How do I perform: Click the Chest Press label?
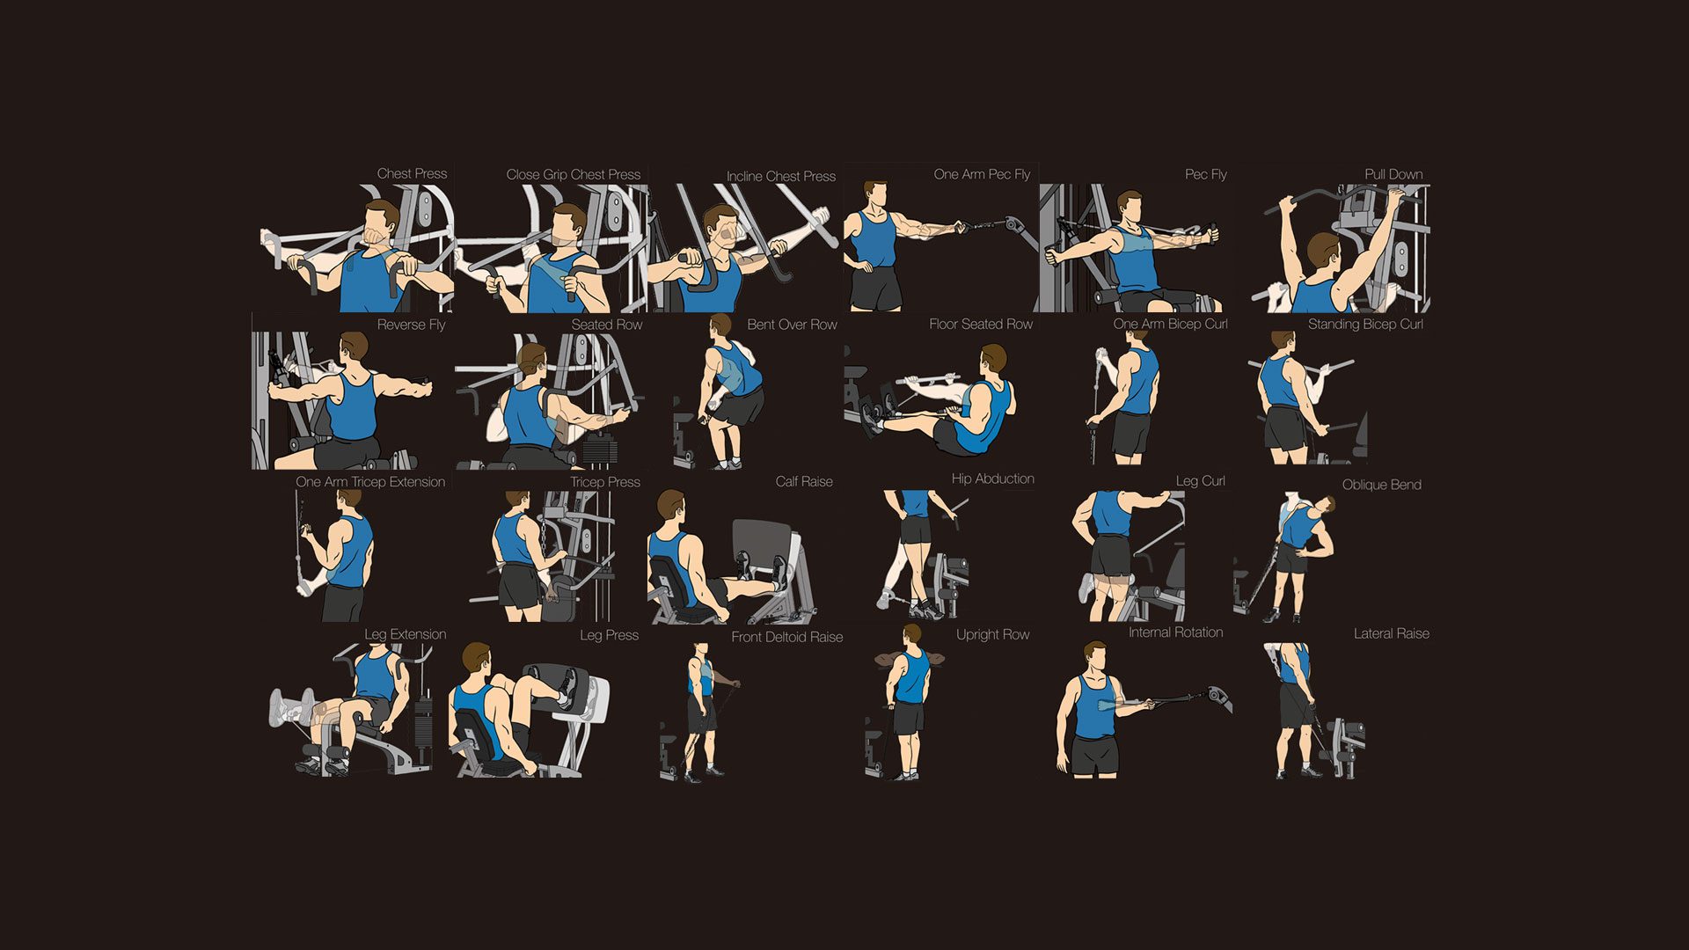click(412, 174)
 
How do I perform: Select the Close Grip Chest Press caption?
click(574, 175)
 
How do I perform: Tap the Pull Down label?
click(1393, 174)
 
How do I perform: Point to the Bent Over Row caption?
click(792, 325)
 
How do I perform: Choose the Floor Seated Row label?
click(981, 325)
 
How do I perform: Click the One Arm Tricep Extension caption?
click(370, 482)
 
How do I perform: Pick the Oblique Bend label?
click(1381, 485)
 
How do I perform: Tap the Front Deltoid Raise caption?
click(787, 637)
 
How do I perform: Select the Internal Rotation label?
click(1175, 632)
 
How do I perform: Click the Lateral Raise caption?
click(1391, 633)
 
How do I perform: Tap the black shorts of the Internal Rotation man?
click(1095, 756)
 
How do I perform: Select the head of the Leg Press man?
click(476, 661)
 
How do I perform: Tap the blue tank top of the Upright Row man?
click(912, 677)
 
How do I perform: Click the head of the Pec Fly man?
click(1130, 208)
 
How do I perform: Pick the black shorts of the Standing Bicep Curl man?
click(1284, 428)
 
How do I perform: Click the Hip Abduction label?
click(992, 479)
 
